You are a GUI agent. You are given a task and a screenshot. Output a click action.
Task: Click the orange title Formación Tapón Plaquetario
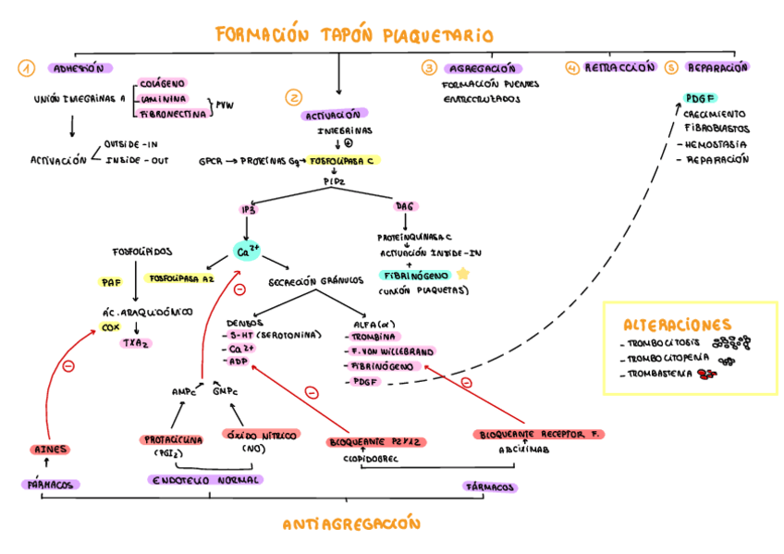click(354, 36)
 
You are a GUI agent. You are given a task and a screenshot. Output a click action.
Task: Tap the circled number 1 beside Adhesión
click(26, 68)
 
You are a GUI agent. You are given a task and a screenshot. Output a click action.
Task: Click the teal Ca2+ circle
click(248, 251)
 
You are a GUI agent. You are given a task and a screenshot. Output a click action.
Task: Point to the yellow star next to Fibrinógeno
click(462, 275)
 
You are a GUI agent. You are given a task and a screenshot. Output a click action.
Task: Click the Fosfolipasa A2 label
click(181, 277)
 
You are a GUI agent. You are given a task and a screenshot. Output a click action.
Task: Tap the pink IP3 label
click(248, 209)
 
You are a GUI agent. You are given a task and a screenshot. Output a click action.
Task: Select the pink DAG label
click(405, 205)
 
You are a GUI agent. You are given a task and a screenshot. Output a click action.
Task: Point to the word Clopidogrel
click(370, 458)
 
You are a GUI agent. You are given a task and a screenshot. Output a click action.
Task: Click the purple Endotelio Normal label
click(205, 480)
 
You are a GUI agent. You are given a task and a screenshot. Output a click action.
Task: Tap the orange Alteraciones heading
click(678, 325)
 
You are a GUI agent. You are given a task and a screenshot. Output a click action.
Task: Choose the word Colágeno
click(164, 83)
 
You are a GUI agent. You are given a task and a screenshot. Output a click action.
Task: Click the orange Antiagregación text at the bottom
click(351, 524)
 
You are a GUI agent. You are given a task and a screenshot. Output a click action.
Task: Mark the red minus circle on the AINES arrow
click(67, 367)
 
